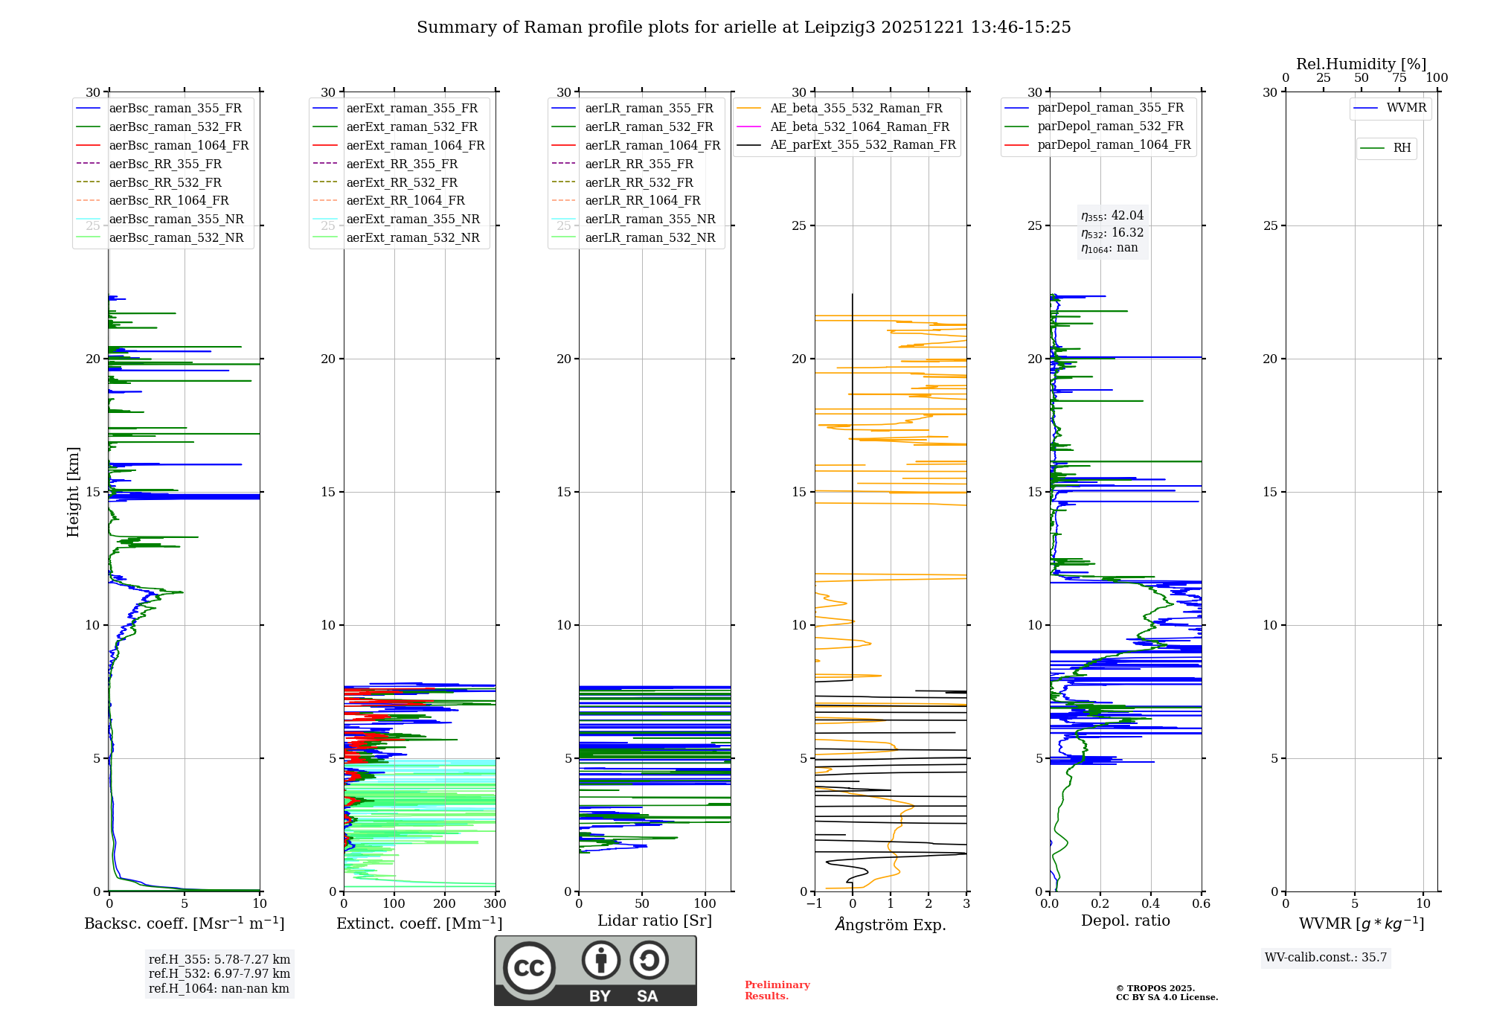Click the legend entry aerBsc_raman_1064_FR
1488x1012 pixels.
179,146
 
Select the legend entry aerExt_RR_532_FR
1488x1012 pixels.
402,182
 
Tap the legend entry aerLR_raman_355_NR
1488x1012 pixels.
650,220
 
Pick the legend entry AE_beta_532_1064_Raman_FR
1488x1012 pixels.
859,126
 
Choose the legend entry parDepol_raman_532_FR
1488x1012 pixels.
1110,126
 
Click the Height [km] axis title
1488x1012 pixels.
73,492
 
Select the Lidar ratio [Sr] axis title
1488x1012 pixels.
655,920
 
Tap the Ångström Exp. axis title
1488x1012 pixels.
891,925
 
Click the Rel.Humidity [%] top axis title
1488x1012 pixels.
1361,64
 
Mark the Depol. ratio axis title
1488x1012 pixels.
1125,920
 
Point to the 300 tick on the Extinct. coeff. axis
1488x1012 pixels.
495,904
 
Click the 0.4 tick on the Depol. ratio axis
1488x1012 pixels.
1151,904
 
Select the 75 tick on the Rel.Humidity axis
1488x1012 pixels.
1399,78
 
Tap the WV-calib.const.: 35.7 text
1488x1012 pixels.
1326,958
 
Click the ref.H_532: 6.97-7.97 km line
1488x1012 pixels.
219,974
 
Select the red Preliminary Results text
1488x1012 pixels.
777,990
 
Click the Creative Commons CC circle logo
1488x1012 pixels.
529,967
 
